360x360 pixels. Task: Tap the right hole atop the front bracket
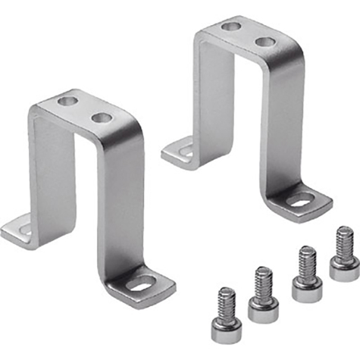100,117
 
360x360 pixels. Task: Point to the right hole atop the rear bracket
263,40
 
